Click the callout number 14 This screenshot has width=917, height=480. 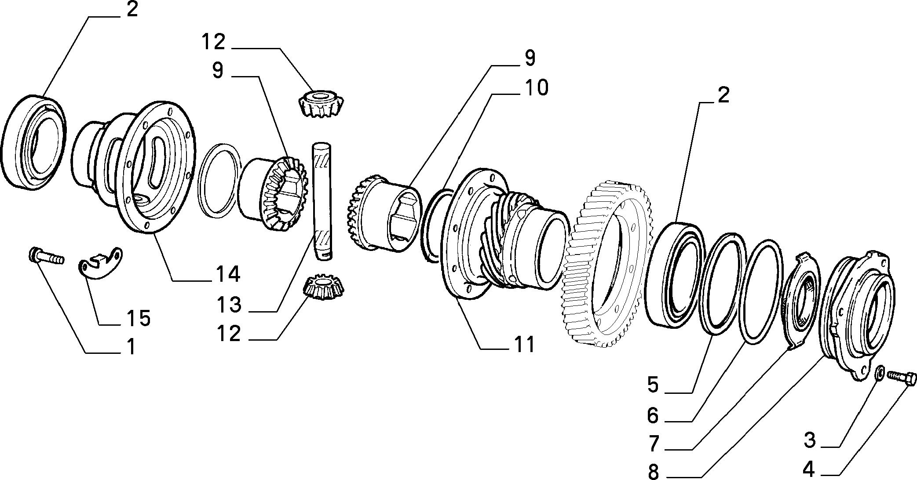pyautogui.click(x=227, y=274)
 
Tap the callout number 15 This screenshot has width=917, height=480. pyautogui.click(x=138, y=318)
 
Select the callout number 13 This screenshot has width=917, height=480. pyautogui.click(x=229, y=304)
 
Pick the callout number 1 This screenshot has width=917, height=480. pyautogui.click(x=131, y=347)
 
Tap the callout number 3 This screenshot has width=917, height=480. pyautogui.click(x=809, y=440)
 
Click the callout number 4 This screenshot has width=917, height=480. pyautogui.click(x=808, y=470)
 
